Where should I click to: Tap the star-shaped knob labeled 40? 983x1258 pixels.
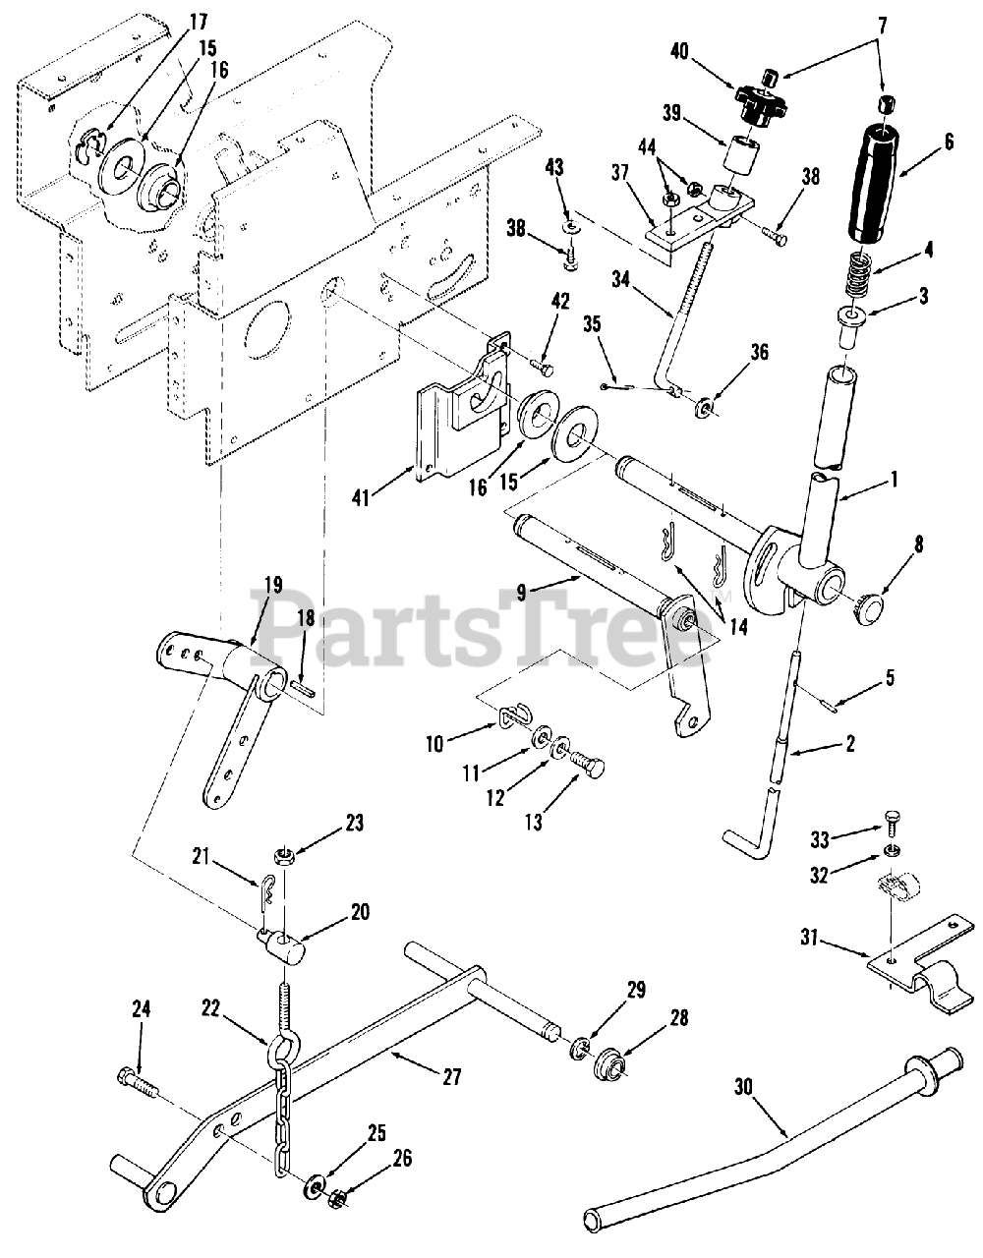coord(757,101)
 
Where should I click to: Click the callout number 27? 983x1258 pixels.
coord(451,1076)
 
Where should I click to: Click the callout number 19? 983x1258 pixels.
coord(271,587)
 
